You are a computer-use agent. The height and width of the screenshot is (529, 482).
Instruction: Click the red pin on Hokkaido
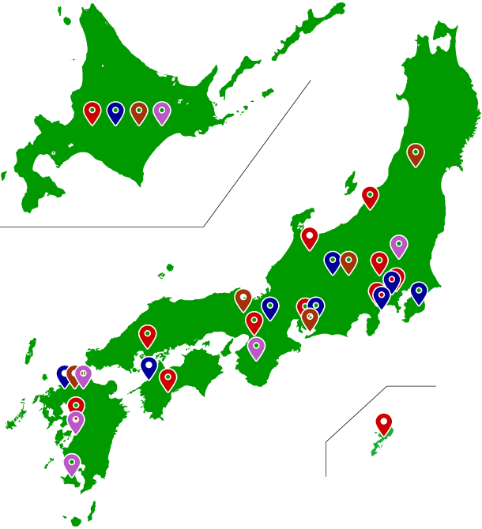(x=92, y=112)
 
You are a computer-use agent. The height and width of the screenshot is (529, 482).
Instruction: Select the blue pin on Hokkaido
(x=115, y=112)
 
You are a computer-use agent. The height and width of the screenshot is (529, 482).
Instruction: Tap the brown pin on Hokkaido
(x=139, y=112)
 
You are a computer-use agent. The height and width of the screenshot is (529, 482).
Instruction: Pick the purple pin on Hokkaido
(x=162, y=112)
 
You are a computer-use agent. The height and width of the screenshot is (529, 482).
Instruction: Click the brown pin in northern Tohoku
(x=416, y=154)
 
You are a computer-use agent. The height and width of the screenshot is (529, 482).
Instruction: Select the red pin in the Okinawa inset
(x=384, y=423)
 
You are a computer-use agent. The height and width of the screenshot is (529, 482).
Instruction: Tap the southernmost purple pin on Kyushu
(x=72, y=464)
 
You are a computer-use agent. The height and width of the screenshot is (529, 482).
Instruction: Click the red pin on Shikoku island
(x=168, y=379)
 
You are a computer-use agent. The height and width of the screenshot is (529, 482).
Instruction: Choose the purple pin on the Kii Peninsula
(x=256, y=347)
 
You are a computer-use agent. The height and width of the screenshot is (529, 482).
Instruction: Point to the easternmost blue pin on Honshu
(x=419, y=293)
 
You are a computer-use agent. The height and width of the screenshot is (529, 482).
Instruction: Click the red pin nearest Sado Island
(x=370, y=197)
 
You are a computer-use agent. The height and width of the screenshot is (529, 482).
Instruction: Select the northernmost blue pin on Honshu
(x=333, y=262)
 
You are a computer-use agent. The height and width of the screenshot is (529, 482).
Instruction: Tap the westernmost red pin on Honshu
(x=148, y=336)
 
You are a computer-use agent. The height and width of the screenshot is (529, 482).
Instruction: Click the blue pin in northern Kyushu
(x=65, y=375)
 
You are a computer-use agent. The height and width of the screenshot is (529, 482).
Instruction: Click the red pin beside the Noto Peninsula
(x=310, y=238)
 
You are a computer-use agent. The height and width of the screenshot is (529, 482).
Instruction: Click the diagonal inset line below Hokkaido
(x=257, y=154)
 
